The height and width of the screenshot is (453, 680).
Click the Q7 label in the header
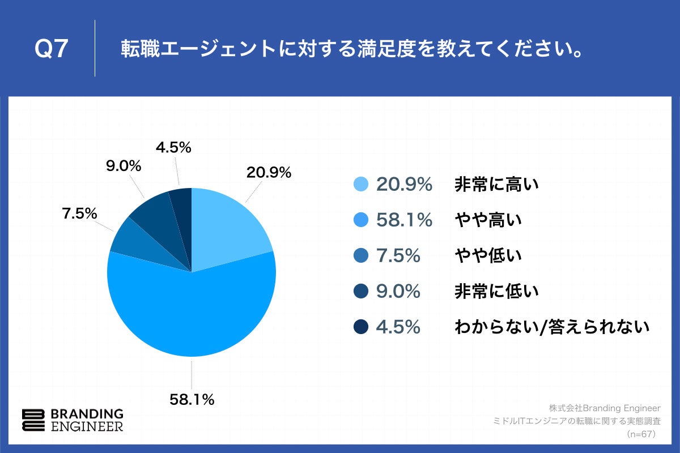point(51,50)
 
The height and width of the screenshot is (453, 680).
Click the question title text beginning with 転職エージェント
point(351,50)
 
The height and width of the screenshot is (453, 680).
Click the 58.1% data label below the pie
point(192,400)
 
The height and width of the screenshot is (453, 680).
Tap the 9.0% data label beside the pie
point(124,166)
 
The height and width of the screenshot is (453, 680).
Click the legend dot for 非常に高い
point(360,185)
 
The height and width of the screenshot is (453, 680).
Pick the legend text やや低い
point(487,256)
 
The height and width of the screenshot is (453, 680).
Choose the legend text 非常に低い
point(496,292)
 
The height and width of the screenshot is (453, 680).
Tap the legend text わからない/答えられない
point(551,327)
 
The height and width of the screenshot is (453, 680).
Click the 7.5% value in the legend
point(398,256)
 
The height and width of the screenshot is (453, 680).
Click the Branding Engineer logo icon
point(33,420)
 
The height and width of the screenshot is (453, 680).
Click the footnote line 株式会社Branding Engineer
point(605,408)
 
